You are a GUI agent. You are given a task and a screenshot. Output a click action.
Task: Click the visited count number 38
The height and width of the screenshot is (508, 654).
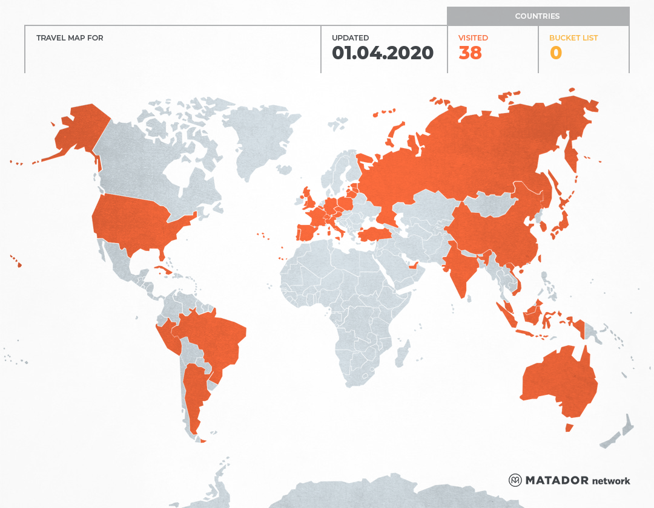470,53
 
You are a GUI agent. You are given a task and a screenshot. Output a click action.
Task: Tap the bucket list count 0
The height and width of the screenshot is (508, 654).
555,53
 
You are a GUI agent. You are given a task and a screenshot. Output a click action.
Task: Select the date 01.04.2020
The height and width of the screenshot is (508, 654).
383,53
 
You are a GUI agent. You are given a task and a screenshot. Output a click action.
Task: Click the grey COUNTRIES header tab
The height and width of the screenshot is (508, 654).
538,16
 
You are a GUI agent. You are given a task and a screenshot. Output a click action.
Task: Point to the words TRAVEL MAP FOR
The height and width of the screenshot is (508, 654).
70,38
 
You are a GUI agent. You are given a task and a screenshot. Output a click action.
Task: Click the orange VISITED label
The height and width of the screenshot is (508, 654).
473,38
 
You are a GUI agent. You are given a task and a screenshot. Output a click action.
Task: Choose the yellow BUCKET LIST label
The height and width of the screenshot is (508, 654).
573,38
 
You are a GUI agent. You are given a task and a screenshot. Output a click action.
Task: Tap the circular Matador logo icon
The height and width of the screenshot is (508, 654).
515,481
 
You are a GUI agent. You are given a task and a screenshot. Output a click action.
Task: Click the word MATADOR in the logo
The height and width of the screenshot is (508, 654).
557,481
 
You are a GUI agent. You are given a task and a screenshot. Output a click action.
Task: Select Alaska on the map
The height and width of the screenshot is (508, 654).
79,130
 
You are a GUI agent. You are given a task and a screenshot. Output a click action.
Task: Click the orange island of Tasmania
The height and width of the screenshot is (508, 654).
569,428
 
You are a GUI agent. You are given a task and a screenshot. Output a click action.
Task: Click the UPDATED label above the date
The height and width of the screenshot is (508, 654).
350,38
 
